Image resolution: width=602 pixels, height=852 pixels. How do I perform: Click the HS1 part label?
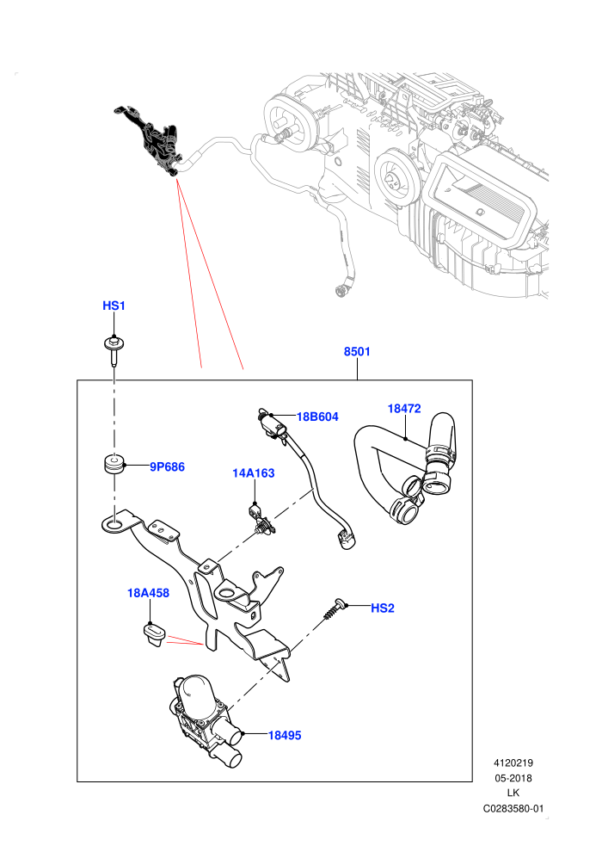[x=114, y=306]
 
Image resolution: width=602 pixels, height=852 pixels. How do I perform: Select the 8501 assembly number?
[x=357, y=352]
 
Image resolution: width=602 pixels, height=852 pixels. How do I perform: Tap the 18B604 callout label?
[x=317, y=417]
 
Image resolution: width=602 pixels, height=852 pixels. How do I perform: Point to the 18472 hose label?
[x=404, y=409]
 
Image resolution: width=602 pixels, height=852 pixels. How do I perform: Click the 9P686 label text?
[x=167, y=466]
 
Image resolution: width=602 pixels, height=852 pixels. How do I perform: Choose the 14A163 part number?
[x=254, y=473]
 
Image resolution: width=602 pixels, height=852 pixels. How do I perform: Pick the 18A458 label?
[x=148, y=593]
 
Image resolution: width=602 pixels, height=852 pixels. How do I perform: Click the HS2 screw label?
[x=383, y=608]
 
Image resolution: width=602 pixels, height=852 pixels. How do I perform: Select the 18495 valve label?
[x=285, y=735]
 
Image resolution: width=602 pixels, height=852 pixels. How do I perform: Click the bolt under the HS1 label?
[x=114, y=350]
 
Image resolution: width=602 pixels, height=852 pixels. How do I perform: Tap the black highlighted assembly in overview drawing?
[x=150, y=139]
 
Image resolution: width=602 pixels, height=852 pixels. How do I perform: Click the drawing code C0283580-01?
[x=513, y=808]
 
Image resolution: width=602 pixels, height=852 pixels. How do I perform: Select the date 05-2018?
[x=513, y=778]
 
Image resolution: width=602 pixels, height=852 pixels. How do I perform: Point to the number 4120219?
[x=513, y=762]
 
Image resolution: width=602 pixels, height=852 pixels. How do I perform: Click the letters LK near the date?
[x=513, y=793]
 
